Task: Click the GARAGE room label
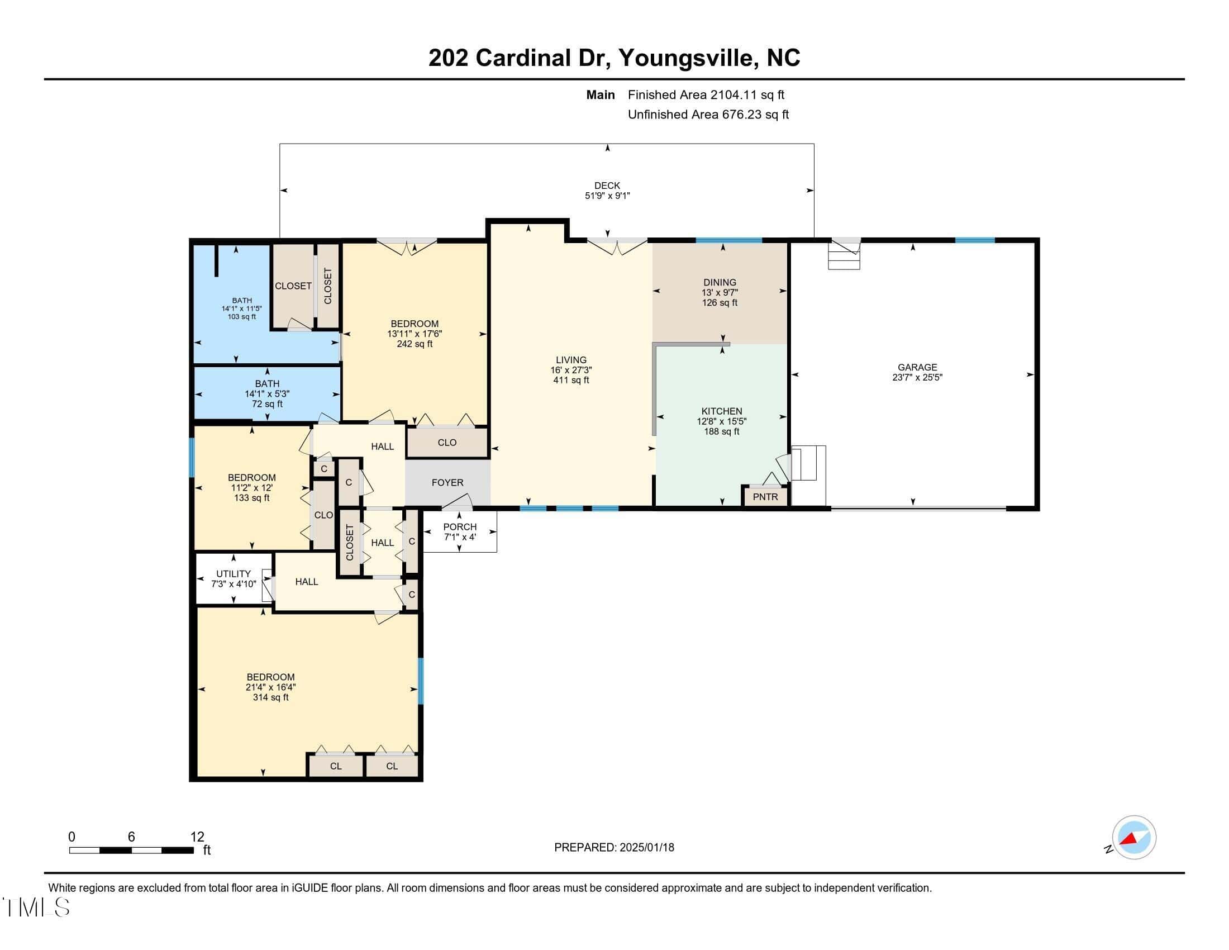tap(917, 367)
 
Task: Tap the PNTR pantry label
tap(765, 497)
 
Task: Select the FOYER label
tap(447, 482)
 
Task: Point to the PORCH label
tap(460, 527)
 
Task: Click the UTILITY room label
tap(234, 574)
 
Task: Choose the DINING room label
tap(720, 283)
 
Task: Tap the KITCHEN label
tap(721, 411)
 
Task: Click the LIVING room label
tap(571, 360)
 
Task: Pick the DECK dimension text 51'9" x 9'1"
tap(607, 196)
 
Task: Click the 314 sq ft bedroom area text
tap(271, 697)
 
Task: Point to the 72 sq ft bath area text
tap(267, 404)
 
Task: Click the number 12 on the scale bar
tap(197, 837)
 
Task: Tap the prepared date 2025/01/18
tap(646, 848)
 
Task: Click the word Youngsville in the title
tap(686, 58)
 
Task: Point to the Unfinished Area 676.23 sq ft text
tap(708, 115)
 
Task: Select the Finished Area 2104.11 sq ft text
tap(706, 95)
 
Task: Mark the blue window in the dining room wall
tap(728, 240)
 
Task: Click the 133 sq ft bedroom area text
tap(251, 498)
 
